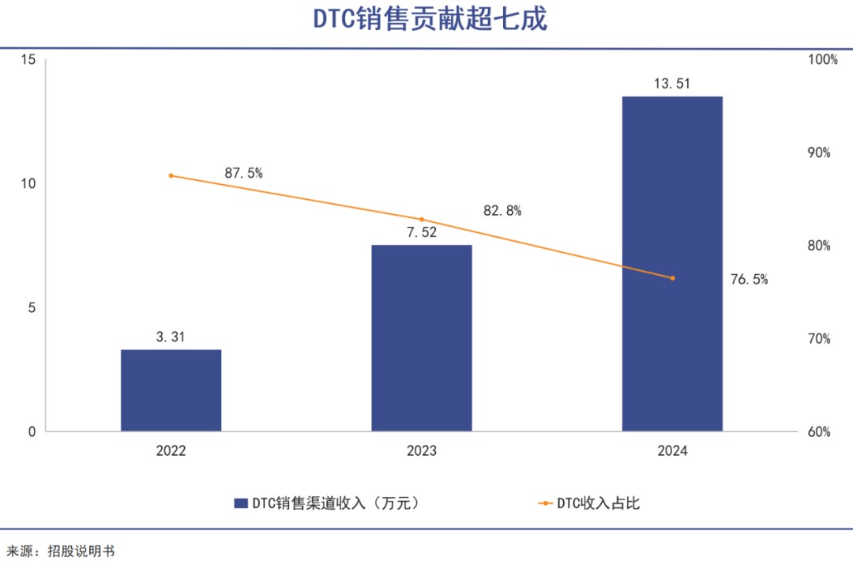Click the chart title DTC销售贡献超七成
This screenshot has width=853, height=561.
[430, 20]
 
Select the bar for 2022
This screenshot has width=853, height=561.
[171, 390]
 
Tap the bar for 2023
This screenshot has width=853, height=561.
[422, 338]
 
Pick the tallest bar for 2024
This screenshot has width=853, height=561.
[672, 264]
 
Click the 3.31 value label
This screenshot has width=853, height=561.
[171, 337]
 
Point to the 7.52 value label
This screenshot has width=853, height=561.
[422, 232]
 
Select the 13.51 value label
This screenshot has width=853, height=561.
[672, 84]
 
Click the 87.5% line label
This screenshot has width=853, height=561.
[243, 174]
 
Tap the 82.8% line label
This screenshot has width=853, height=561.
[502, 211]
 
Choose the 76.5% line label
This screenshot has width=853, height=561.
[749, 279]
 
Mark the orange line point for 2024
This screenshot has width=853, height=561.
[672, 278]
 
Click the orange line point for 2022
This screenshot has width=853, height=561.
[171, 175]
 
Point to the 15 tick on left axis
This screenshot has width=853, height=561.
[28, 60]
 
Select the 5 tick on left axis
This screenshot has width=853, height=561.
[32, 308]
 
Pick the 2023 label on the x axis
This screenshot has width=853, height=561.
[422, 451]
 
